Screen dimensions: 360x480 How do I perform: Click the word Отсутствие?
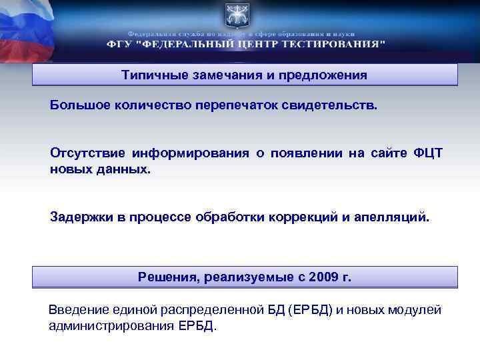click(87, 154)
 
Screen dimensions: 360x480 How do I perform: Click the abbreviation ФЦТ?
click(428, 154)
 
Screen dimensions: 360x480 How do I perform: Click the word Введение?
click(77, 311)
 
